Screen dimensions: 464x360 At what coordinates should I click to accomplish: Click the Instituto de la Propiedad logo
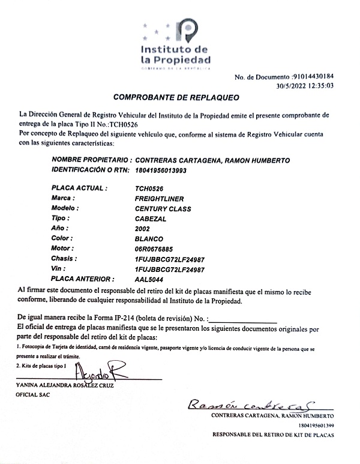pyautogui.click(x=175, y=46)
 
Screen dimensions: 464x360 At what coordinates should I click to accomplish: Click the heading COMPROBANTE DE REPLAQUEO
pyautogui.click(x=176, y=97)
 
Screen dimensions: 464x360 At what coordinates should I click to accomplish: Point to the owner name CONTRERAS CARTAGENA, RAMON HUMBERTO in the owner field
pyautogui.click(x=213, y=161)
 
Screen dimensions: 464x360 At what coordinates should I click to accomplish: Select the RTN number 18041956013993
pyautogui.click(x=161, y=170)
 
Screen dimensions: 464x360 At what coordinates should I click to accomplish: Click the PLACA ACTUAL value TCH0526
pyautogui.click(x=149, y=188)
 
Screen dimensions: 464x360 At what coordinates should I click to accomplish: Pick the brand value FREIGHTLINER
pyautogui.click(x=160, y=199)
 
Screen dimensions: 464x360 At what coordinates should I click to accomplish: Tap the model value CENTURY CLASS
pyautogui.click(x=163, y=209)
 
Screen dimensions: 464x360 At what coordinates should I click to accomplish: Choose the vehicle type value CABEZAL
pyautogui.click(x=151, y=219)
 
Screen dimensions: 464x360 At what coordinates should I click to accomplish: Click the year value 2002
pyautogui.click(x=143, y=229)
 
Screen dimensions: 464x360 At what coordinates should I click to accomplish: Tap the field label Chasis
pyautogui.click(x=65, y=259)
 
